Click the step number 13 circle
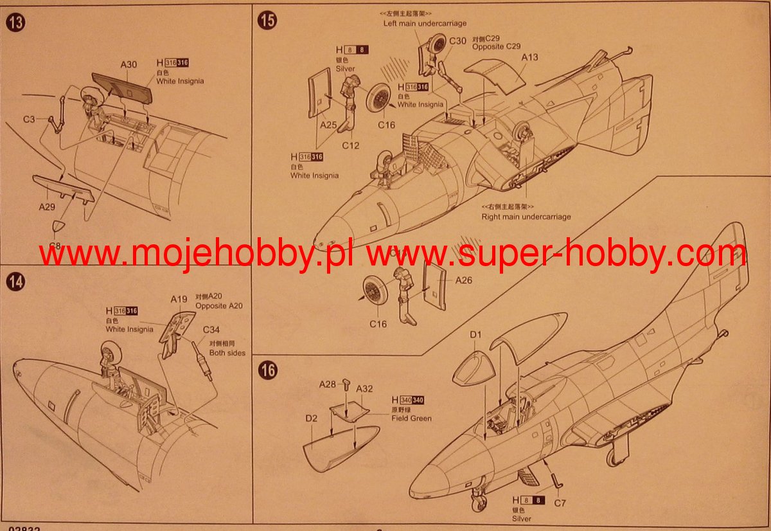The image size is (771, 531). (x=15, y=22)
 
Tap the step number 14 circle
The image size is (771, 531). (x=15, y=282)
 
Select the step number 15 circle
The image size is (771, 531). (x=267, y=20)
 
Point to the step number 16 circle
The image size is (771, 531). (x=268, y=371)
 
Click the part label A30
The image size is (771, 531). (x=128, y=64)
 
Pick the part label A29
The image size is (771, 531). (x=47, y=207)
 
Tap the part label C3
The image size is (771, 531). (x=29, y=119)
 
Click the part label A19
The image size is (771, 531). (x=179, y=299)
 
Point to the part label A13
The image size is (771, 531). (x=529, y=57)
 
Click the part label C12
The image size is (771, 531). (x=350, y=145)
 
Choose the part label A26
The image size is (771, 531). (x=464, y=280)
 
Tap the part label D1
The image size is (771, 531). (x=475, y=335)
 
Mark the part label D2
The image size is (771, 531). (x=311, y=419)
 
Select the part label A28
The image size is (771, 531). (x=328, y=384)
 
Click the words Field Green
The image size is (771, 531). (x=412, y=419)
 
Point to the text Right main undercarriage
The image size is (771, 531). (x=526, y=217)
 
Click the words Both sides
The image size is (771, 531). (x=227, y=353)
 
